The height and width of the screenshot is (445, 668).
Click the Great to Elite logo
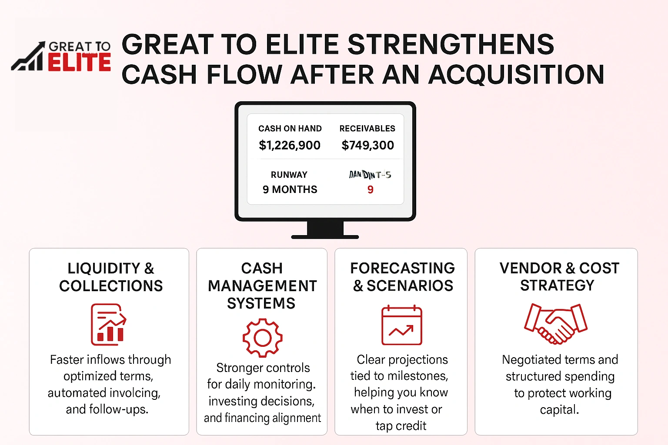click(x=61, y=56)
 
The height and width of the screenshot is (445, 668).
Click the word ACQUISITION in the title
click(x=516, y=74)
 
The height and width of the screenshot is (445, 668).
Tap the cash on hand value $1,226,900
click(x=290, y=145)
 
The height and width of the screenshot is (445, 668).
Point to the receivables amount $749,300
click(x=367, y=145)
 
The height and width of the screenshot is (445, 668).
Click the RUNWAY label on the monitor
click(x=289, y=175)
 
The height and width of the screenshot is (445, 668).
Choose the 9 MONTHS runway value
click(x=290, y=189)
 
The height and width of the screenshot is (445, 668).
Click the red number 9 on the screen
click(x=370, y=189)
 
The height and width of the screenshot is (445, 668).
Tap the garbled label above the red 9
click(x=370, y=175)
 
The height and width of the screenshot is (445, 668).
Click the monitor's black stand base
click(x=325, y=236)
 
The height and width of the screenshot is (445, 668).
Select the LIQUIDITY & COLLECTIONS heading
click(x=111, y=277)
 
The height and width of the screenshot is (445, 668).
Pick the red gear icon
click(x=262, y=338)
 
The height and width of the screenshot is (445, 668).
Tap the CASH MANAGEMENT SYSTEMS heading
click(x=262, y=286)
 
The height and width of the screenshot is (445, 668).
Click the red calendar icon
click(x=401, y=325)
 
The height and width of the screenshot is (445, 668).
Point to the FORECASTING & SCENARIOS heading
click(x=403, y=277)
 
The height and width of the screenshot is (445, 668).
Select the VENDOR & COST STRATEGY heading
click(x=559, y=276)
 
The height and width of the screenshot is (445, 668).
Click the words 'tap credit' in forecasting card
click(x=401, y=426)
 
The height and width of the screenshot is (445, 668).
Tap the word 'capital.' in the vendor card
click(x=559, y=409)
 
